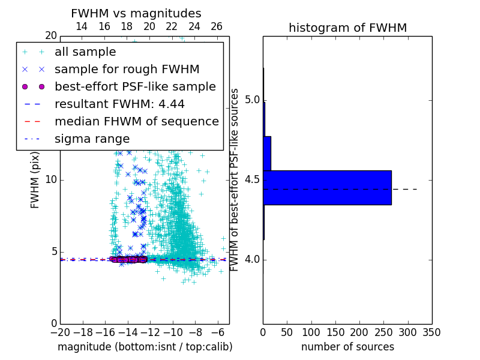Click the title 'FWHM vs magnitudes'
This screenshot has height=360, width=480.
tap(136, 13)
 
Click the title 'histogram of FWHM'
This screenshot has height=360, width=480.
tap(347, 28)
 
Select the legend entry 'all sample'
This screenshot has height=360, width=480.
tap(85, 52)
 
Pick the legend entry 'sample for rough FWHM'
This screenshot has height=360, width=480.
tap(127, 69)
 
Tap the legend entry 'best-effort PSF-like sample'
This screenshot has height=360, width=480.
tap(135, 86)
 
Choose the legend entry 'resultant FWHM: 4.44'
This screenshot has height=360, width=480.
tap(119, 104)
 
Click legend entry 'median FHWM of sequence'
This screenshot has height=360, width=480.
tap(136, 121)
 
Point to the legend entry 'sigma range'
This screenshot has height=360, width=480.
tap(92, 139)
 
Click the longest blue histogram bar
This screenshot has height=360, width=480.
tap(327, 188)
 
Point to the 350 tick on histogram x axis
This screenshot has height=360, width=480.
tap(431, 332)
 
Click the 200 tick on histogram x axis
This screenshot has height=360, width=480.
tap(359, 332)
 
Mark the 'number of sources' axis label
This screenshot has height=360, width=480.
tap(347, 347)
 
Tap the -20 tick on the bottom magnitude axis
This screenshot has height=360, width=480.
tap(59, 332)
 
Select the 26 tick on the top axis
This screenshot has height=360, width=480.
tap(217, 26)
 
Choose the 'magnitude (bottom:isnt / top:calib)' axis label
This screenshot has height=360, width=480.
tap(145, 347)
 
